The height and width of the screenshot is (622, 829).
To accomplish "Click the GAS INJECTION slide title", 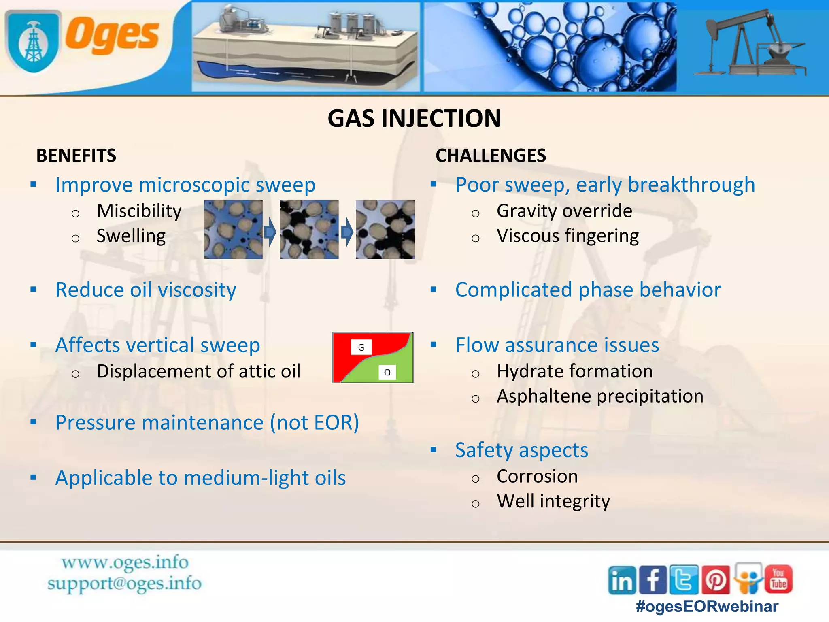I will pyautogui.click(x=414, y=118).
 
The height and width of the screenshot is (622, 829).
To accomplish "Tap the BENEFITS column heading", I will pyautogui.click(x=76, y=155).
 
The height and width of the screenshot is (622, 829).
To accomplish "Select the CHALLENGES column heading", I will pyautogui.click(x=491, y=155).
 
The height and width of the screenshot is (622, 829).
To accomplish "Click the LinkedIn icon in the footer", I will pyautogui.click(x=621, y=580).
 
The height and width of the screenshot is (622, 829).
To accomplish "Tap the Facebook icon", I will pyautogui.click(x=653, y=580).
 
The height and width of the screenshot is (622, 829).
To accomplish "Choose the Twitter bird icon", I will pyautogui.click(x=684, y=580).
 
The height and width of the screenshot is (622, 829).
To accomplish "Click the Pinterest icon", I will pyautogui.click(x=715, y=580).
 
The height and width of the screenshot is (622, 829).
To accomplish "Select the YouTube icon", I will pyautogui.click(x=778, y=579).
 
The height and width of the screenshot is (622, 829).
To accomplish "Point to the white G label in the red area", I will pyautogui.click(x=361, y=347).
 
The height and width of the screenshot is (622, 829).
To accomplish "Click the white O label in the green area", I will pyautogui.click(x=387, y=372).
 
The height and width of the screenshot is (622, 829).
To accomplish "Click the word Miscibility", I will pyautogui.click(x=139, y=211).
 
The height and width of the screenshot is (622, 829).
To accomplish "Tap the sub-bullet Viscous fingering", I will pyautogui.click(x=568, y=236).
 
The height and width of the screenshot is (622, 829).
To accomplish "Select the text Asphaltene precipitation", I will pyautogui.click(x=600, y=396).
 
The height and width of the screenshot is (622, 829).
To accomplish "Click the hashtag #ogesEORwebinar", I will pyautogui.click(x=707, y=607).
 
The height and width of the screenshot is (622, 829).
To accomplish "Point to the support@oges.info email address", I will pyautogui.click(x=124, y=584).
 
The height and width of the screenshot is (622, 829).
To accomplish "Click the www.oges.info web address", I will pyautogui.click(x=125, y=562).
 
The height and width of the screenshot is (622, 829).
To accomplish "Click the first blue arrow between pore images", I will pyautogui.click(x=270, y=232).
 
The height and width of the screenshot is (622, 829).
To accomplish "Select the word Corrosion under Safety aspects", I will pyautogui.click(x=537, y=476).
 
